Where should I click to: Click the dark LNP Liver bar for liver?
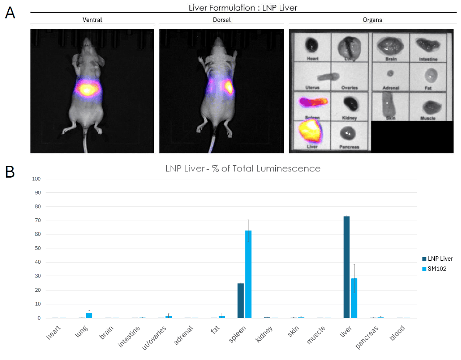click(x=346, y=267)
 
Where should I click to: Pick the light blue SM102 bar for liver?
click(x=354, y=298)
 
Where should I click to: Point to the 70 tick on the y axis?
click(x=38, y=220)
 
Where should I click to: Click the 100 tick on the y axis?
click(x=37, y=179)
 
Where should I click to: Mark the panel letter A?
click(x=10, y=13)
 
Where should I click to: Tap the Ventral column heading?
click(x=92, y=20)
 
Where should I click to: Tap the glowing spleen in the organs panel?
click(x=312, y=103)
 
